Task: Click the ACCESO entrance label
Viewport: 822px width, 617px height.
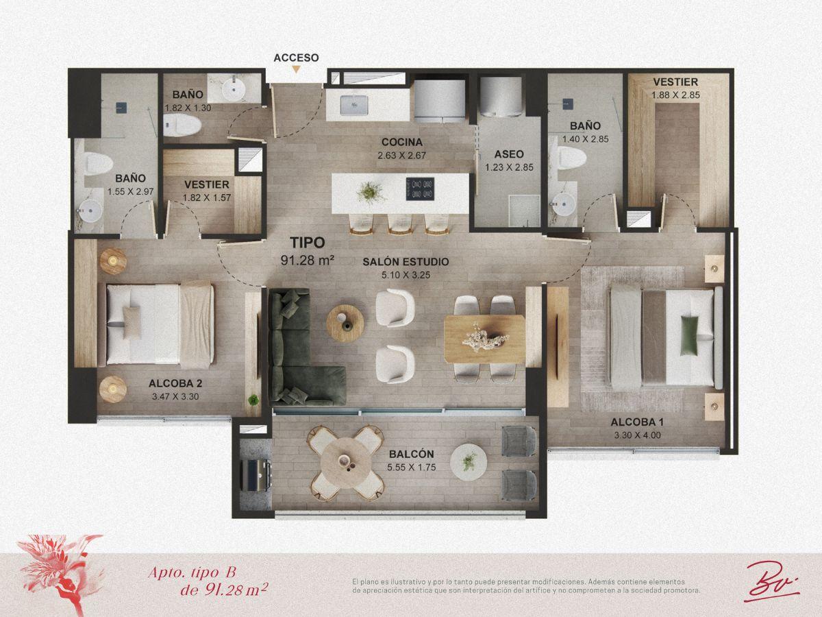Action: tap(296, 58)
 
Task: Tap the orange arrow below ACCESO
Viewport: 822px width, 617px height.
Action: tap(296, 69)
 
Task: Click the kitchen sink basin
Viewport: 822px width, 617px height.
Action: tap(353, 105)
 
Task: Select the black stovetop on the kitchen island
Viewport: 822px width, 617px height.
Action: tap(420, 189)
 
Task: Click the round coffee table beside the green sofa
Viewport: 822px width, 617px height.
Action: tap(345, 324)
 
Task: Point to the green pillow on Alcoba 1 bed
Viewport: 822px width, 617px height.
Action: tap(689, 335)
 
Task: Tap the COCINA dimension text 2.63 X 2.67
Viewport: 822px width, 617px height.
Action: tap(402, 156)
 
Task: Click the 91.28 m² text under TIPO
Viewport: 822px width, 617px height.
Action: tap(307, 260)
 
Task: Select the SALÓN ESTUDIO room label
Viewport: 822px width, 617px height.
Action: tap(406, 262)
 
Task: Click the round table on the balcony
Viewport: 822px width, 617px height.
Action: tap(346, 463)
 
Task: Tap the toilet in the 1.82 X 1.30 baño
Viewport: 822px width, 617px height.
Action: tap(182, 125)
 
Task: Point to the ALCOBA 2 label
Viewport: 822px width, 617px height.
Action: tap(175, 383)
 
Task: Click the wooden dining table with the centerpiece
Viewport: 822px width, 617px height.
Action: tap(484, 339)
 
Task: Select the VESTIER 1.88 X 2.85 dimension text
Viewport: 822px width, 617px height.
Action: tap(675, 95)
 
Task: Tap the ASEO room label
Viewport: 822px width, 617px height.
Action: tap(509, 154)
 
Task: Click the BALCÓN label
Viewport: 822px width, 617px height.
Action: tap(412, 454)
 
